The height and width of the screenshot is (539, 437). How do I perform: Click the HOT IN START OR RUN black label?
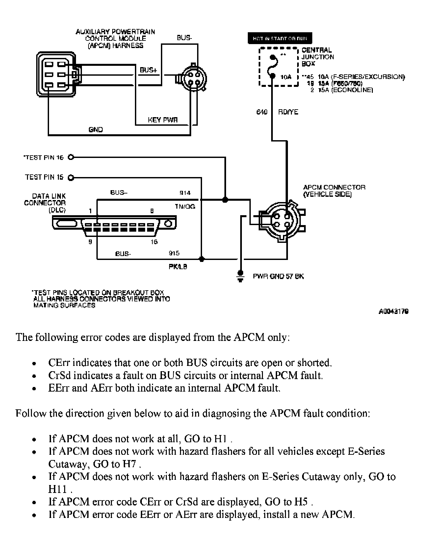coord(280,38)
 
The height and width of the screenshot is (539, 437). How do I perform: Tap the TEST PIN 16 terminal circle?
coord(70,157)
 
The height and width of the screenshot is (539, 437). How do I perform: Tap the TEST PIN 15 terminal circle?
coord(70,178)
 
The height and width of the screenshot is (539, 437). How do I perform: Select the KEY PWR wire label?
coord(163,120)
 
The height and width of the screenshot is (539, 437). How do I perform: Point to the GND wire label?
coord(96,130)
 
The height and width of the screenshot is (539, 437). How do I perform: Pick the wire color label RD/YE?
coord(288,112)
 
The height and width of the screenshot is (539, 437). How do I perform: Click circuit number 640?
coord(262,112)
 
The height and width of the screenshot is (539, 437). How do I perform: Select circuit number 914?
coord(185,193)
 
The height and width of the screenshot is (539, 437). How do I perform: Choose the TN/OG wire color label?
coord(185,206)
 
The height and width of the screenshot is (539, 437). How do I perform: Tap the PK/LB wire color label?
coord(178,267)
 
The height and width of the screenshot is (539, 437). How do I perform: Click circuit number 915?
coord(174,253)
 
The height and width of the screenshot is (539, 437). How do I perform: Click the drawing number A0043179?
coord(394,311)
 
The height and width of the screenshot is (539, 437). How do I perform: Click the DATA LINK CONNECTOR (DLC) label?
coord(45,203)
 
